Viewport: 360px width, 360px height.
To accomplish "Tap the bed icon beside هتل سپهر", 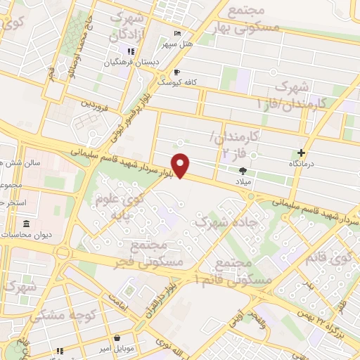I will pyautogui.click(x=176, y=34).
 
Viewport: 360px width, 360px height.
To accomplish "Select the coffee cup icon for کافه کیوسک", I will pyautogui.click(x=176, y=72).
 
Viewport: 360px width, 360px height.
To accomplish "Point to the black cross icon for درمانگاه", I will pyautogui.click(x=302, y=153).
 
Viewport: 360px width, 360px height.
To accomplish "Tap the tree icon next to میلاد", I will pyautogui.click(x=243, y=170).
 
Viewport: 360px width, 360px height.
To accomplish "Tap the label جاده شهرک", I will pyautogui.click(x=225, y=221).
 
